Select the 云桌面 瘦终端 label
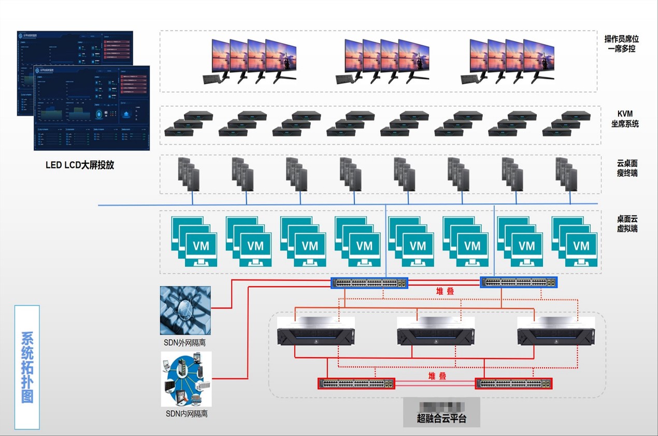pos(627,167)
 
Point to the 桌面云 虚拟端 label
pos(627,223)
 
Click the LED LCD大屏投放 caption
pos(80,165)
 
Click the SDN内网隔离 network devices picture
pos(186,379)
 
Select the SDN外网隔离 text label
pos(185,343)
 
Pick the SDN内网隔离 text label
pos(187,414)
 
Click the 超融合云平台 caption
pos(441,418)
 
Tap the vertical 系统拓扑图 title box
pos(27,367)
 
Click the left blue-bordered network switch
pos(369,283)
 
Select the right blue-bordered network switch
pos(519,283)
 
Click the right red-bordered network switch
pos(513,384)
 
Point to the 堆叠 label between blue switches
pos(445,291)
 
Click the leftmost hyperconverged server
pos(316,331)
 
